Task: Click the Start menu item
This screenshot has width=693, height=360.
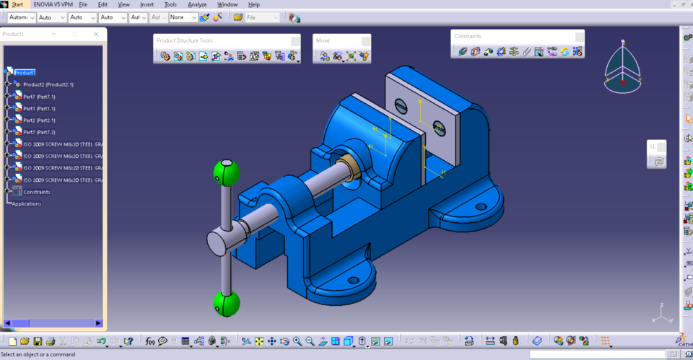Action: tap(17, 4)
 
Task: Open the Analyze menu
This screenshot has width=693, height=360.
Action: tap(197, 4)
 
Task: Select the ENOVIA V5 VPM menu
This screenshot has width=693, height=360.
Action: tap(53, 4)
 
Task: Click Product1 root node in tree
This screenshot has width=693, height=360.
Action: tap(25, 73)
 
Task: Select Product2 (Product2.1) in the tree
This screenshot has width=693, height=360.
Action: tap(48, 84)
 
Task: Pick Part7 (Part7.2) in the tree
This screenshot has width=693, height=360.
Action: tap(39, 132)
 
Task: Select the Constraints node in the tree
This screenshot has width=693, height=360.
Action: tap(37, 192)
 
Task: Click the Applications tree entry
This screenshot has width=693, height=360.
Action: tap(27, 203)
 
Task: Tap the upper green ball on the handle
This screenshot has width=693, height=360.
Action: tap(226, 173)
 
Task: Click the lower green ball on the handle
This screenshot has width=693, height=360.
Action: tap(226, 303)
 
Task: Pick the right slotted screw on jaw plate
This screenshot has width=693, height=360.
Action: tap(439, 128)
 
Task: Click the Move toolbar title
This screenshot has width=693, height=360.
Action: tap(323, 40)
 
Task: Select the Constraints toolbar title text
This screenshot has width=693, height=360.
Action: tap(468, 36)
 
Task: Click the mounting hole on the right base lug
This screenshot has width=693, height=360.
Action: tap(481, 206)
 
